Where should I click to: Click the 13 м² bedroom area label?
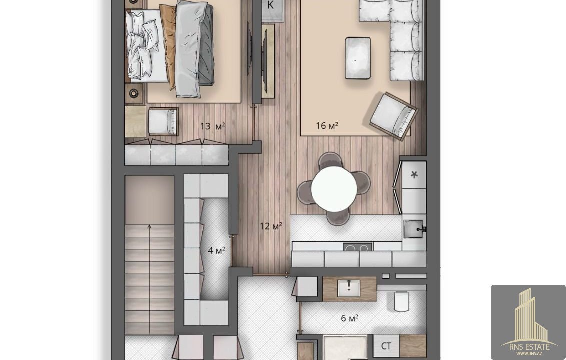(x=213, y=126)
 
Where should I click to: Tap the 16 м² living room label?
(x=327, y=125)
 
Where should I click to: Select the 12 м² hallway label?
(x=271, y=226)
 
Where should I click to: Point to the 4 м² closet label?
(x=217, y=250)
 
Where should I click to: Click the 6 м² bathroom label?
(x=349, y=318)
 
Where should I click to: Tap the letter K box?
(x=270, y=5)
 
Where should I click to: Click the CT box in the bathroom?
(x=386, y=346)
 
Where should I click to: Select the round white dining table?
(x=334, y=188)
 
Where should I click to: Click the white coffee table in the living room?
(x=358, y=58)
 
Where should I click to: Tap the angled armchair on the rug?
(x=393, y=116)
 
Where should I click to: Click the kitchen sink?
(x=414, y=229)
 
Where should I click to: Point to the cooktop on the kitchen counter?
(x=357, y=247)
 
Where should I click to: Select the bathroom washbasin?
(x=348, y=288)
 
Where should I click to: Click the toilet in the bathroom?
(x=401, y=301)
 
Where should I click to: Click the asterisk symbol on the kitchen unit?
(x=414, y=175)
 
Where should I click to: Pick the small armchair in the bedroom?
(x=163, y=122)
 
